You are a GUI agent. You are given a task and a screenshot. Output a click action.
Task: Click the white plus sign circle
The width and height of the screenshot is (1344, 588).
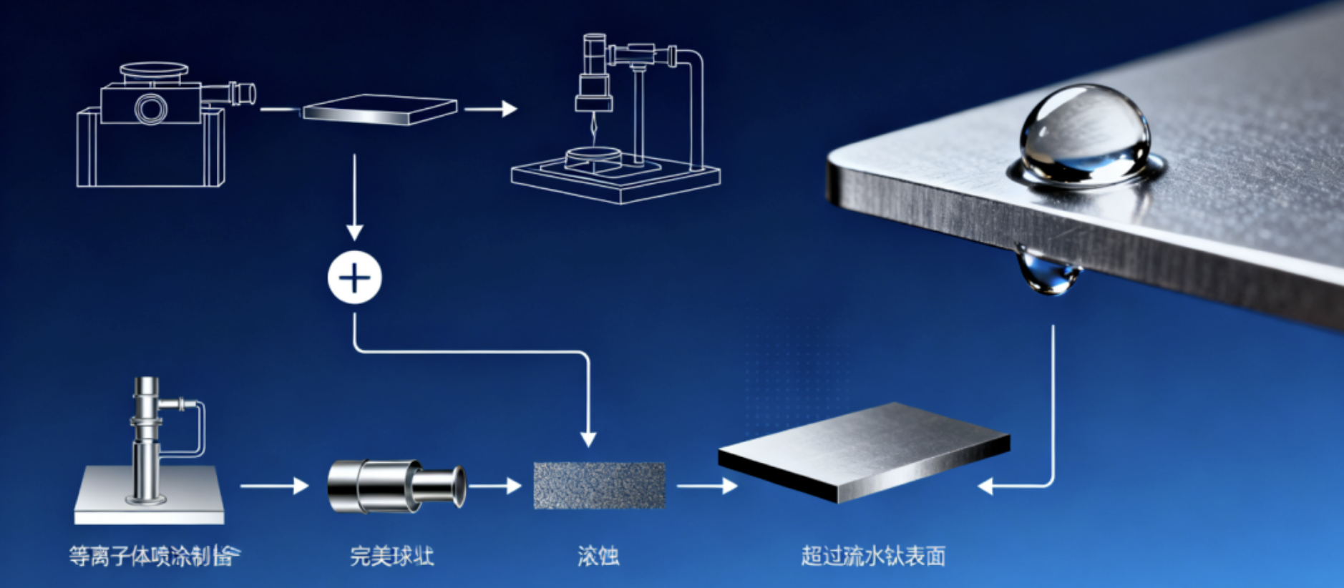pyautogui.click(x=354, y=278)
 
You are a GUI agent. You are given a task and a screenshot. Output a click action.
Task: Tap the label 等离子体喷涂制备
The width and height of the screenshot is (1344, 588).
pyautogui.click(x=154, y=556)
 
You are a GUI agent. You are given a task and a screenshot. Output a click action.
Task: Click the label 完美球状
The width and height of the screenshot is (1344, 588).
pyautogui.click(x=391, y=556)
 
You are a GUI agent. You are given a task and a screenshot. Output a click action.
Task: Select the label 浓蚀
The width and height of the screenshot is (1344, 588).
pyautogui.click(x=598, y=556)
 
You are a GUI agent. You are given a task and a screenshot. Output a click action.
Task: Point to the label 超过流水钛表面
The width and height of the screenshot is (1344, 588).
pyautogui.click(x=873, y=556)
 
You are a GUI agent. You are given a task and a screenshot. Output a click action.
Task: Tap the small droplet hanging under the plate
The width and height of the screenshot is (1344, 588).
pyautogui.click(x=1048, y=273)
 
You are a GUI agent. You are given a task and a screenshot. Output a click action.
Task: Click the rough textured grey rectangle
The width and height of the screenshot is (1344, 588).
pyautogui.click(x=599, y=486)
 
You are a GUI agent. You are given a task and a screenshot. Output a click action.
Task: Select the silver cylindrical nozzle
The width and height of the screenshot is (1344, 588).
pyautogui.click(x=396, y=486)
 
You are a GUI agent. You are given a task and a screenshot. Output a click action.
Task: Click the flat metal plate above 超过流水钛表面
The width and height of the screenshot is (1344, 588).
pyautogui.click(x=864, y=451)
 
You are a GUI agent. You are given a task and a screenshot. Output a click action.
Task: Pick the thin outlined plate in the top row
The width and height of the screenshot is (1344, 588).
pyautogui.click(x=379, y=109)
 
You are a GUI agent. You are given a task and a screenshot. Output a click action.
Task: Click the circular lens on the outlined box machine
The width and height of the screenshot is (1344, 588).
pyautogui.click(x=151, y=109)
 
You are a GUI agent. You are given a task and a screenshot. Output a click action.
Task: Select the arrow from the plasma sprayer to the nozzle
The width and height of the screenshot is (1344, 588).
pyautogui.click(x=274, y=486)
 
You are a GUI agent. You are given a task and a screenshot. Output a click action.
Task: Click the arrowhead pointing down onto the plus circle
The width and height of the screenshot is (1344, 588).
pyautogui.click(x=354, y=232)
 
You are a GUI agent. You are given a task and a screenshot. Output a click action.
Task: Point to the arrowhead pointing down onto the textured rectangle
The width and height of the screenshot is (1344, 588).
pyautogui.click(x=588, y=438)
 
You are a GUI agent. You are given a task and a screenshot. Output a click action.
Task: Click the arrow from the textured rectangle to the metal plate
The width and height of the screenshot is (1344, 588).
pyautogui.click(x=707, y=486)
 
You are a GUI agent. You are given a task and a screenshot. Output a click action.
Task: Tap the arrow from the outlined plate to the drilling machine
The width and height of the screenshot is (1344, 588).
pyautogui.click(x=491, y=109)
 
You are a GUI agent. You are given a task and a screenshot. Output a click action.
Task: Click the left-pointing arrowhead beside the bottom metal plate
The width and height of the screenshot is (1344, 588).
pyautogui.click(x=986, y=486)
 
